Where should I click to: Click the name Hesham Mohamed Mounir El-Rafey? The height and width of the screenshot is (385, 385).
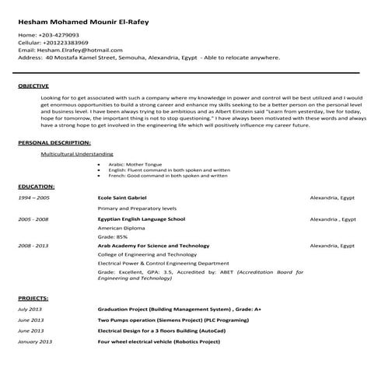click(x=83, y=22)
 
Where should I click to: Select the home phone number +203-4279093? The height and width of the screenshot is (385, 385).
click(x=58, y=36)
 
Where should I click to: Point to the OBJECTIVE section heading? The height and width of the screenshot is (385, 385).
click(x=33, y=86)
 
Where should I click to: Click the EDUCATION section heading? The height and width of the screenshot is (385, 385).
click(x=36, y=187)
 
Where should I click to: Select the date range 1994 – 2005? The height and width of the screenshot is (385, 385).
click(x=33, y=198)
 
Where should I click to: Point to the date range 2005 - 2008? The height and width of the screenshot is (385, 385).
click(x=33, y=220)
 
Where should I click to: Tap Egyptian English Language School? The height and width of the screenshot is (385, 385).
click(x=141, y=220)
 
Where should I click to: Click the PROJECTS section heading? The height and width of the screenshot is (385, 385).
click(x=33, y=298)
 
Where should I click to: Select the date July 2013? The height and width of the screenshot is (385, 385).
click(x=32, y=310)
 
